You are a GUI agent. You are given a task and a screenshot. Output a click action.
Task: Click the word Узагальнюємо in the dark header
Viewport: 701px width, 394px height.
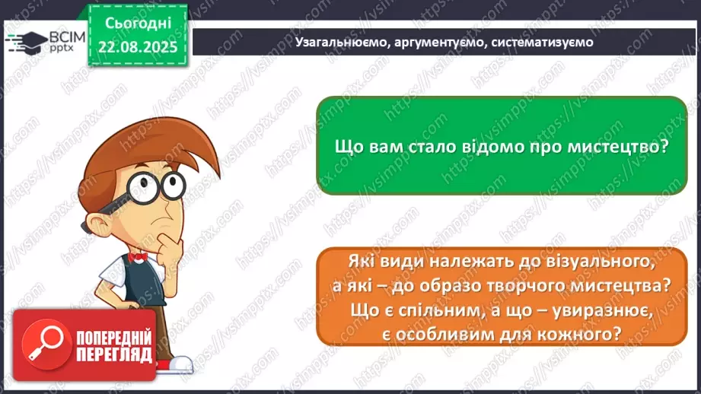[x=339, y=43]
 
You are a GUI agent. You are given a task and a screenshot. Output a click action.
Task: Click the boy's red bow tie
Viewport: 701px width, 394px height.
[x=137, y=256]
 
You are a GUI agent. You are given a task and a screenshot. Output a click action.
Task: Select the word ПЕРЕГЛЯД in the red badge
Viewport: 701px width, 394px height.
[x=113, y=354]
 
